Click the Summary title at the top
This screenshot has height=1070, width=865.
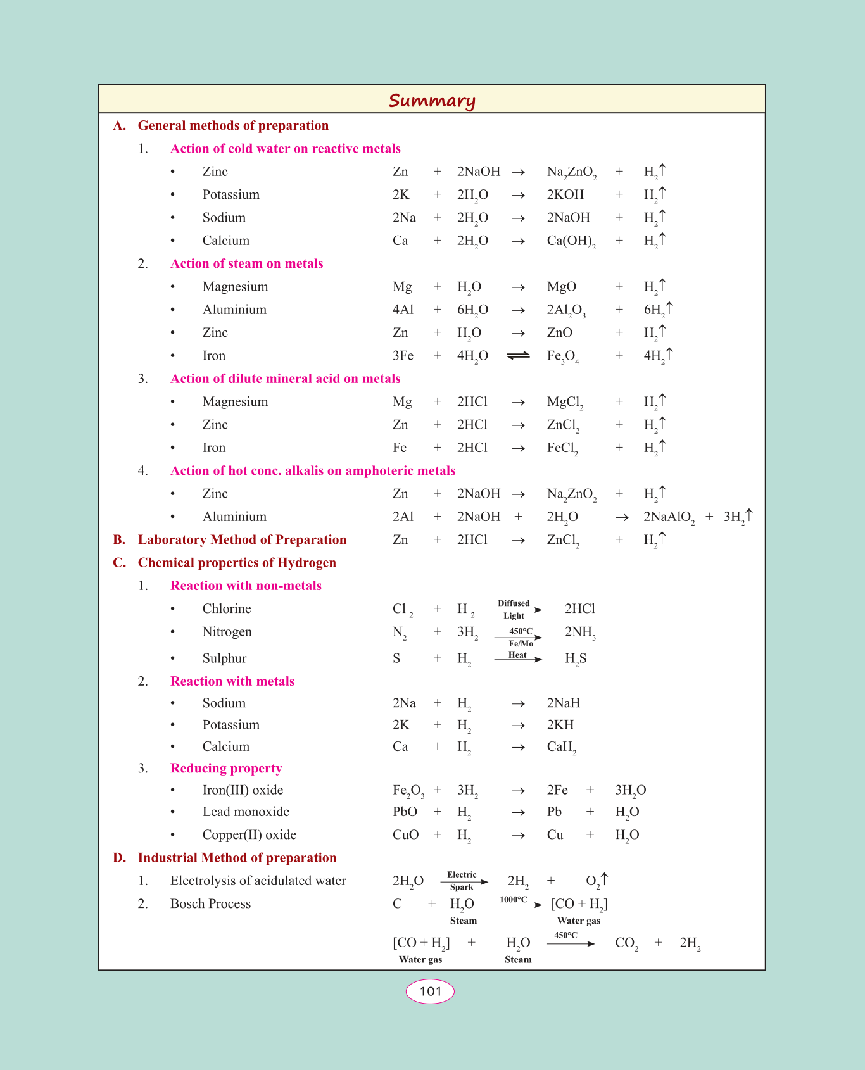(432, 101)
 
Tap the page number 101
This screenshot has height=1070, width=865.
(430, 991)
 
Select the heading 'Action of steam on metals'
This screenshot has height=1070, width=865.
(246, 263)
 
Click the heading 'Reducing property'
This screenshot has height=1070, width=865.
(226, 768)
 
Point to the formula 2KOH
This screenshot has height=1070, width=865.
(565, 194)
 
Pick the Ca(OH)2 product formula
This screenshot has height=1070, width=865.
(571, 241)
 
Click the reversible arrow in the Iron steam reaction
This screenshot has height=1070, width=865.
(519, 356)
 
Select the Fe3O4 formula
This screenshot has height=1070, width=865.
(563, 356)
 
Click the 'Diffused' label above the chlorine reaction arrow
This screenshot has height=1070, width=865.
(514, 603)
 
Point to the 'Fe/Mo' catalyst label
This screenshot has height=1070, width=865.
(521, 643)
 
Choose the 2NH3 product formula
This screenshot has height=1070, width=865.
(580, 633)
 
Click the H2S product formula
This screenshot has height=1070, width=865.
(576, 659)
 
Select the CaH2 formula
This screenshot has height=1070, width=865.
(562, 747)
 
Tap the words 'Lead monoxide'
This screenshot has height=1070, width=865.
(246, 812)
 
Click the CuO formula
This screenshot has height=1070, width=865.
(405, 834)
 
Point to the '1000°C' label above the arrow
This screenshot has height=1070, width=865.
(513, 899)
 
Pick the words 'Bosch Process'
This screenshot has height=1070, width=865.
(210, 903)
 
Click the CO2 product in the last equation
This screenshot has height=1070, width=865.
(626, 943)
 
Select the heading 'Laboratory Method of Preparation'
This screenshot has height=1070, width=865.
(242, 539)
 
